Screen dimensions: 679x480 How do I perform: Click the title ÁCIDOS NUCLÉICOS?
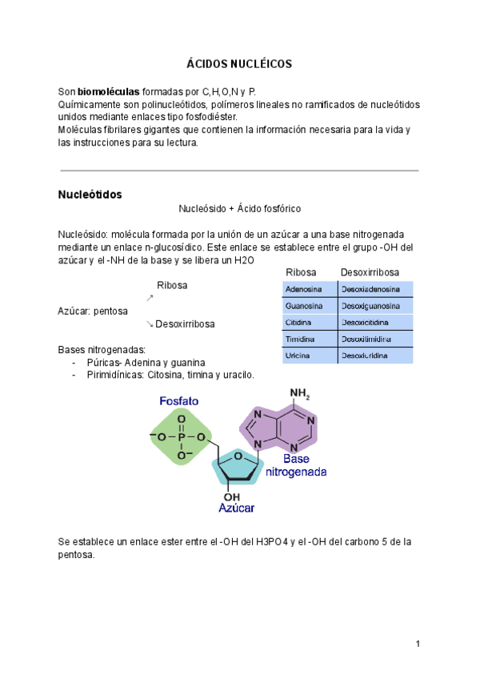click(x=239, y=63)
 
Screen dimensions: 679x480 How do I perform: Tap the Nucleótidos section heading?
click(x=90, y=195)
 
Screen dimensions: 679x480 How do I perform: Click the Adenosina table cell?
click(x=304, y=288)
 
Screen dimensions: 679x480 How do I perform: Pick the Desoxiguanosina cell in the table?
click(x=370, y=306)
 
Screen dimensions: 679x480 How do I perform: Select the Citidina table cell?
click(x=300, y=322)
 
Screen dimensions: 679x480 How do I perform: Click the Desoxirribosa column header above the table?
click(x=370, y=273)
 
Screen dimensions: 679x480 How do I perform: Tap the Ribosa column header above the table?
click(x=301, y=273)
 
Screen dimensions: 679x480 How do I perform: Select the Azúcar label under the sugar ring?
click(x=237, y=508)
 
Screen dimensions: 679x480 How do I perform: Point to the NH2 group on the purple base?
click(x=300, y=394)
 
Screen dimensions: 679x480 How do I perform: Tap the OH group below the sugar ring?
click(x=232, y=496)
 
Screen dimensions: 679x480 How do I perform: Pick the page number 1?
click(x=418, y=645)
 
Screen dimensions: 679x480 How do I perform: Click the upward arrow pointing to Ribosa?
click(x=150, y=298)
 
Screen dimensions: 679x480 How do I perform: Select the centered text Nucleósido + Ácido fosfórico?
click(x=239, y=209)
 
